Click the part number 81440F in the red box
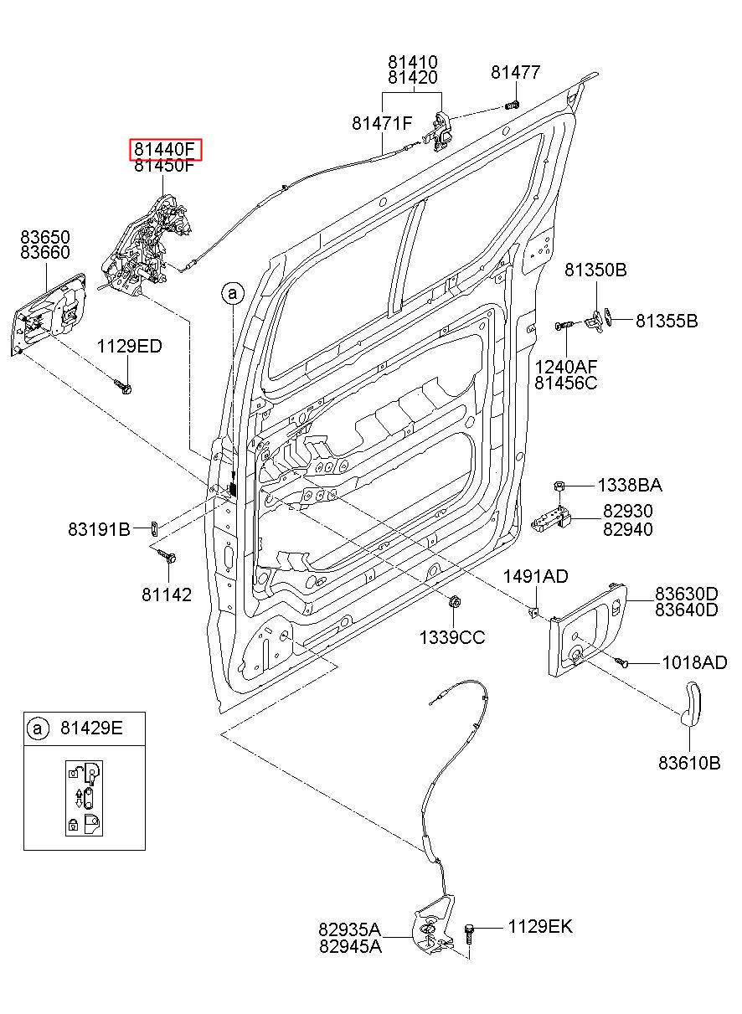point(164,149)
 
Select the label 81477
point(516,72)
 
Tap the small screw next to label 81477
point(512,106)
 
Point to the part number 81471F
point(382,123)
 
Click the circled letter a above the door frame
point(233,294)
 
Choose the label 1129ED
point(130,347)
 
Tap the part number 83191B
point(99,529)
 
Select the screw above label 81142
point(167,556)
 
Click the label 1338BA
point(630,486)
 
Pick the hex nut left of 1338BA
point(559,486)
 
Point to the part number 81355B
point(667,321)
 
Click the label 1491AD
point(535,577)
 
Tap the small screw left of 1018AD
point(621,662)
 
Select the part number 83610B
point(689,763)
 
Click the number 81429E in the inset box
point(91,728)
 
